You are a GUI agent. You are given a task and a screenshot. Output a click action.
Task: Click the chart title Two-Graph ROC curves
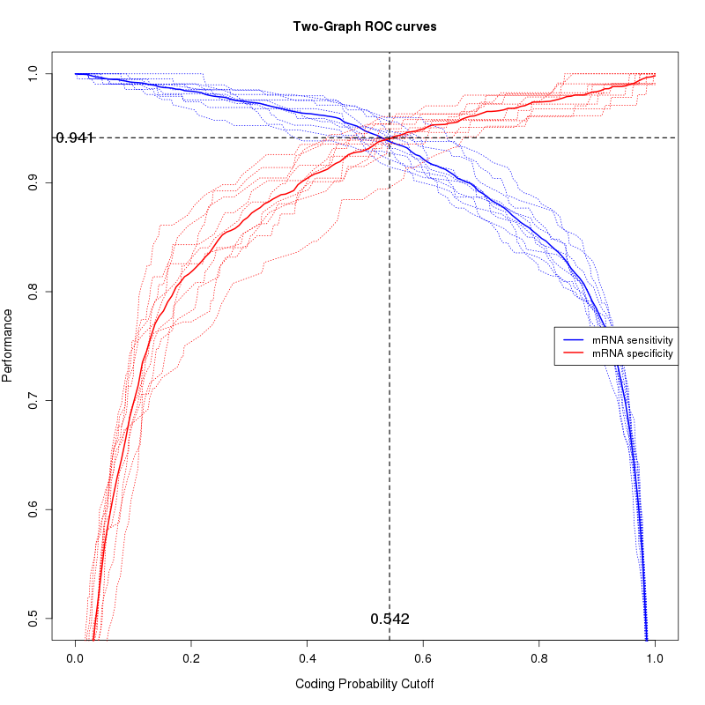pyautogui.click(x=365, y=26)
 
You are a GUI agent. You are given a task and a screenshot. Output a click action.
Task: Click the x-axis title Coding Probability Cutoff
pyautogui.click(x=365, y=684)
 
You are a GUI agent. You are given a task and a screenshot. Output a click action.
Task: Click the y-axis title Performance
pyautogui.click(x=8, y=345)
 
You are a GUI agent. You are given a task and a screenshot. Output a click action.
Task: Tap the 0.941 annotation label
pyautogui.click(x=75, y=137)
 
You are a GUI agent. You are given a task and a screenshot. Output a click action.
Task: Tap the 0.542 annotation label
pyautogui.click(x=390, y=619)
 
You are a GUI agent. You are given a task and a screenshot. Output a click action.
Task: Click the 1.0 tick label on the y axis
pyautogui.click(x=33, y=73)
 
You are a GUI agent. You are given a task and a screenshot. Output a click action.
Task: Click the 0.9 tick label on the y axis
pyautogui.click(x=33, y=182)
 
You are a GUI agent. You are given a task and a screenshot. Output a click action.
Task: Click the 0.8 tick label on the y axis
pyautogui.click(x=33, y=292)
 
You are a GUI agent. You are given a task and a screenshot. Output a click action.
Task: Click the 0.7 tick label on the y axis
pyautogui.click(x=33, y=401)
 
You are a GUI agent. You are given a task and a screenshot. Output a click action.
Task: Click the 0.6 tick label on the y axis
pyautogui.click(x=33, y=509)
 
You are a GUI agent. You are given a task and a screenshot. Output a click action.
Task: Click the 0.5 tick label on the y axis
pyautogui.click(x=33, y=619)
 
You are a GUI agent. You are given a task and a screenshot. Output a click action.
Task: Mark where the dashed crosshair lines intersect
pyautogui.click(x=390, y=137)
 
